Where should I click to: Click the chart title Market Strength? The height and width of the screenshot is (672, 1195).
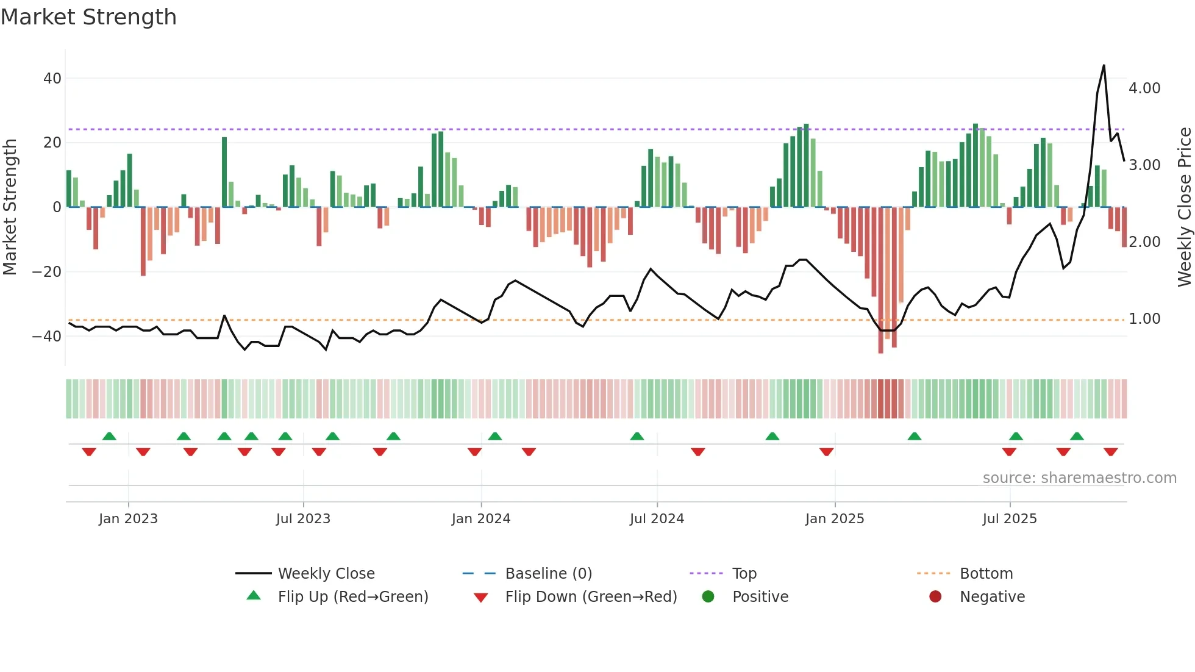[x=88, y=17]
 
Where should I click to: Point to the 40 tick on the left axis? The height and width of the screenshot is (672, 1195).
[x=52, y=79]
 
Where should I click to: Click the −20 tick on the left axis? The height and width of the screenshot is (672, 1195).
[x=47, y=272]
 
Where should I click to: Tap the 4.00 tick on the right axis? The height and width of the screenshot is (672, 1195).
[x=1144, y=88]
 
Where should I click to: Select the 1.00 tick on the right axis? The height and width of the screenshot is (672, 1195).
[x=1144, y=319]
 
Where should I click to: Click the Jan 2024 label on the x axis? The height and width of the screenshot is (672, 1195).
[x=481, y=519]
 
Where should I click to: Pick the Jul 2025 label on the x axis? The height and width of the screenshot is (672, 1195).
[x=1010, y=519]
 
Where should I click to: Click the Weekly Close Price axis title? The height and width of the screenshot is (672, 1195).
[x=1184, y=207]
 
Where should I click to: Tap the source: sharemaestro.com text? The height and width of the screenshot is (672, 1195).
[x=1079, y=478]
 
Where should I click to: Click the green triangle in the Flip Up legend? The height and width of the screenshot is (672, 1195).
[x=254, y=596]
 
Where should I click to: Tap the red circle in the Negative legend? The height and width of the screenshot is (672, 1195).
[x=935, y=596]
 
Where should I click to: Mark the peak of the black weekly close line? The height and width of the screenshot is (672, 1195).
[x=1104, y=66]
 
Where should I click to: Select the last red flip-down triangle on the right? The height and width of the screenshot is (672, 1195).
[x=1110, y=452]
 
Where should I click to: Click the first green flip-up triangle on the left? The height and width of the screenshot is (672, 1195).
[x=109, y=437]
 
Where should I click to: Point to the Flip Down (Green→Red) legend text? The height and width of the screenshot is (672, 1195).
[x=591, y=597]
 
